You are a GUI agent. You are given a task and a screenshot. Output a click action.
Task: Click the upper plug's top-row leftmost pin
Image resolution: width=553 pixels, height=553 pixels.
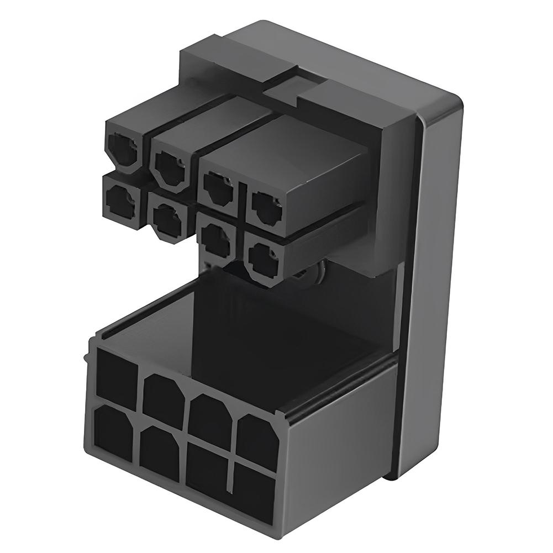[x=123, y=150]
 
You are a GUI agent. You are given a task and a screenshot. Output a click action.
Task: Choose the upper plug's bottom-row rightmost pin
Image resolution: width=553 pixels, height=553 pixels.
[x=263, y=260]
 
